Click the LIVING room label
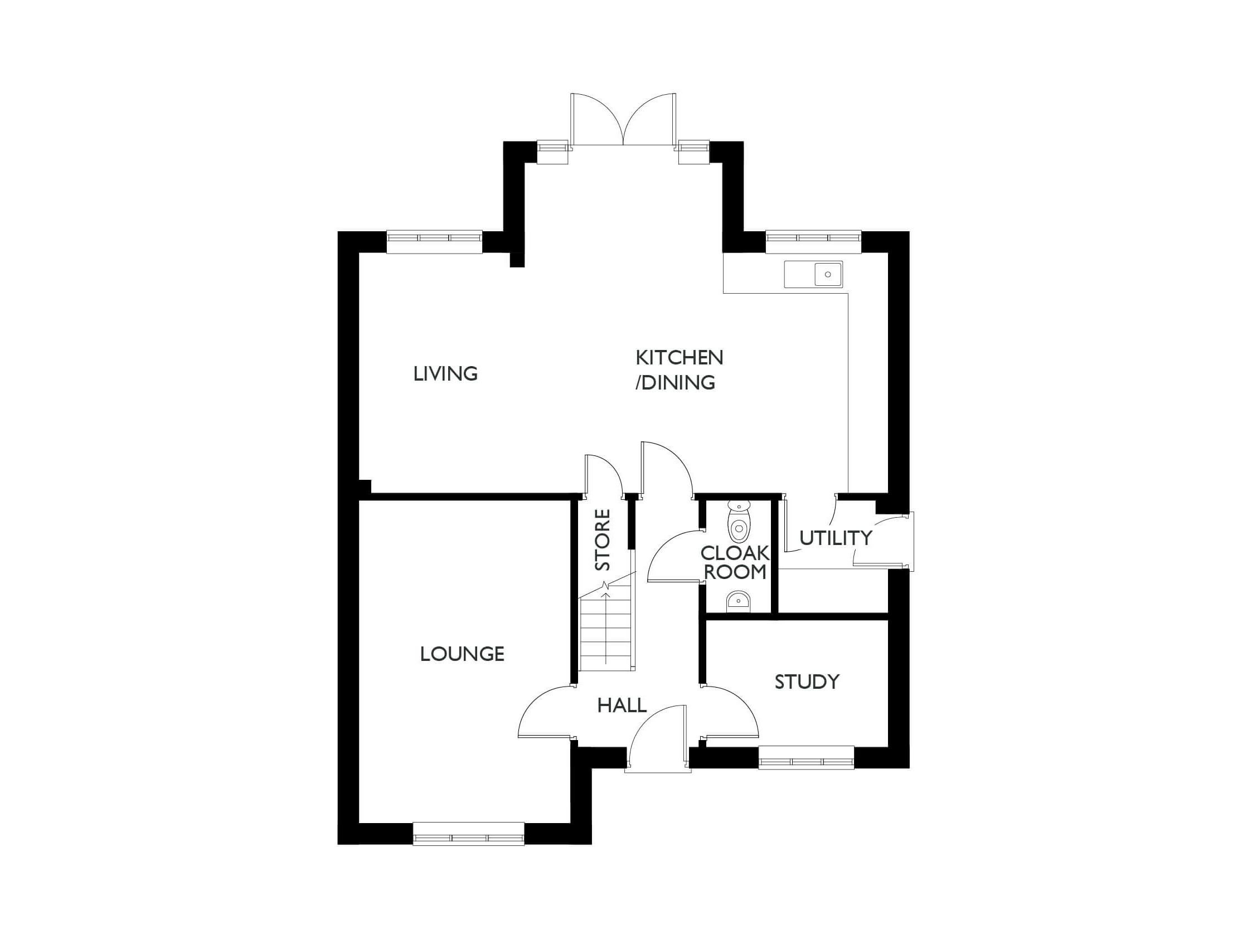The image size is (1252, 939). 445,374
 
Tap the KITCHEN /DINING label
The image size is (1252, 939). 678,370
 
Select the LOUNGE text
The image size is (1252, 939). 462,654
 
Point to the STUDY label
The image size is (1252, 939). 807,682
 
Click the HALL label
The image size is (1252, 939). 622,706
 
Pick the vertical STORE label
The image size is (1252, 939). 603,539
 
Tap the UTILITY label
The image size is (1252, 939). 836,538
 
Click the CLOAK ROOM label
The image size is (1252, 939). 735,563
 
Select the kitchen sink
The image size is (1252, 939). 813,275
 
